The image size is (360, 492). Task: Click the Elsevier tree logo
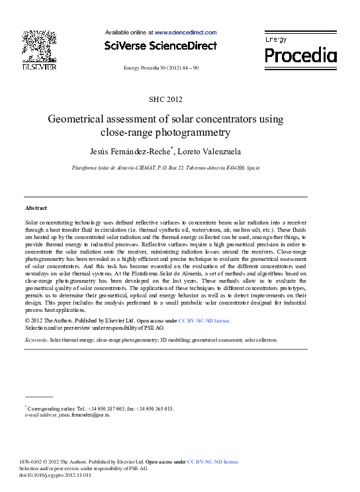(39, 46)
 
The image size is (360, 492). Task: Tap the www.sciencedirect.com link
(185, 32)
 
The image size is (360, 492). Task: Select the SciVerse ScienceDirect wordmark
(161, 46)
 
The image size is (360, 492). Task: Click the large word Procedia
(301, 55)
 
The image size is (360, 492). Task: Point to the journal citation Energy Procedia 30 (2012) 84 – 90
(161, 68)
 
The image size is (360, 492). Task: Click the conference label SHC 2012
(165, 100)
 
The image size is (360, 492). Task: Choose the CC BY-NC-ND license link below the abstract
(204, 320)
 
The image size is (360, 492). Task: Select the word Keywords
(35, 339)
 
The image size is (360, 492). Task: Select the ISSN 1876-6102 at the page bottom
(34, 462)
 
